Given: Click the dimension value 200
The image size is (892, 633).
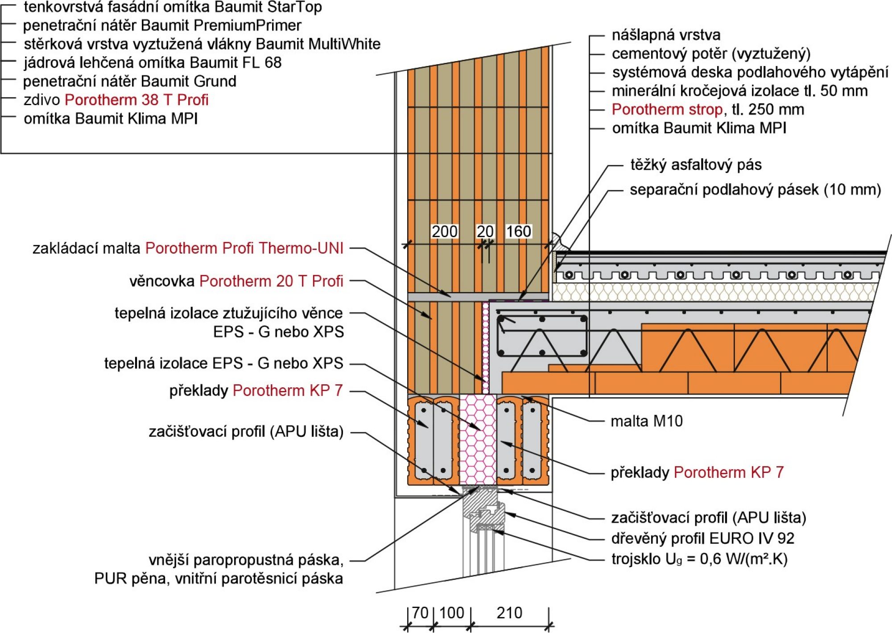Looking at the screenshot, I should [x=444, y=231].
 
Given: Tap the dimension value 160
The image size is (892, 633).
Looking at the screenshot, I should [x=518, y=231].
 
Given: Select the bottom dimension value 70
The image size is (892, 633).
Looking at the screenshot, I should [x=420, y=613].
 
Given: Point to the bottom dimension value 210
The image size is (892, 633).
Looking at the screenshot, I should [x=509, y=613].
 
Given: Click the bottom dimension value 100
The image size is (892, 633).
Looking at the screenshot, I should [x=451, y=613].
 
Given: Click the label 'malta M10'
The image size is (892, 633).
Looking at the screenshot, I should [x=646, y=421].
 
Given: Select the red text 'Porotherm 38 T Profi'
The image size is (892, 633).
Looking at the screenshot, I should [x=136, y=100].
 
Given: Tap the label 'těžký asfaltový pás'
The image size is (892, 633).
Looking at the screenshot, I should [x=696, y=165].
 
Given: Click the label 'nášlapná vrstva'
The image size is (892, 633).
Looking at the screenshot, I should [x=666, y=35].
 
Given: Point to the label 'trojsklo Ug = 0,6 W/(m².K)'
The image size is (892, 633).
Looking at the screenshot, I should [x=699, y=559].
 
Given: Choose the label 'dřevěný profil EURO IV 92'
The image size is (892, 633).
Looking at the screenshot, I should [x=702, y=538].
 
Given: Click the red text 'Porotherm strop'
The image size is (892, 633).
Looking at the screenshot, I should [x=667, y=109].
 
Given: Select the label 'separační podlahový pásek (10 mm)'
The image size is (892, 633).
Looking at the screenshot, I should [x=755, y=190].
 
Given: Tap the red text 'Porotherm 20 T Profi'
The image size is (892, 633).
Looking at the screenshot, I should [x=271, y=281].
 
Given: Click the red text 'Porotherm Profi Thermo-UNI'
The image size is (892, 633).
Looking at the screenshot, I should [x=244, y=248].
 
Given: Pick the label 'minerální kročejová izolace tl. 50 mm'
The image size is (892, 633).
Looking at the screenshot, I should [x=739, y=91].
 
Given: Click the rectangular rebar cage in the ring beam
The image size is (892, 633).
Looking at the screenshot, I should [x=542, y=336].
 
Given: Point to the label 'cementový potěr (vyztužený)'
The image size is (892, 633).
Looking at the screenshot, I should [x=711, y=53].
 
